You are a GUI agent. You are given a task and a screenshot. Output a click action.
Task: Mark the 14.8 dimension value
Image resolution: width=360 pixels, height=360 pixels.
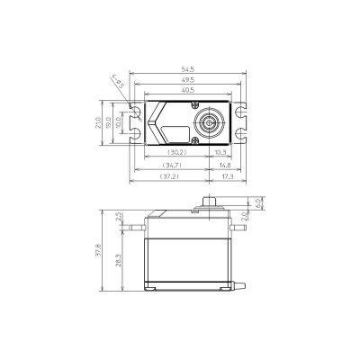[x=224, y=165]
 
